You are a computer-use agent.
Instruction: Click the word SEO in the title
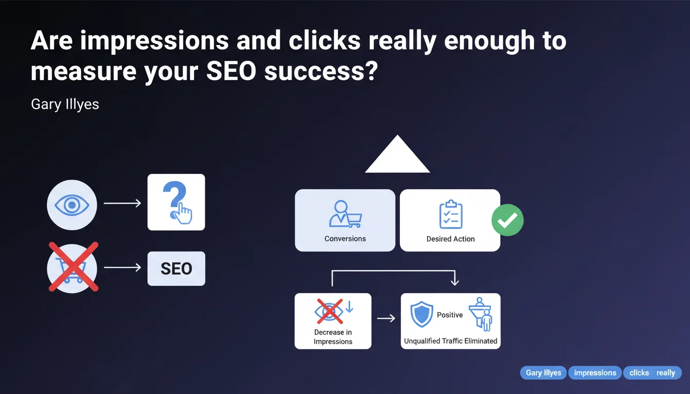click(231, 71)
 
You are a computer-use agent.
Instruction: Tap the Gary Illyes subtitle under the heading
click(65, 104)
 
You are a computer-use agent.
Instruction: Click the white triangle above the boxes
click(397, 154)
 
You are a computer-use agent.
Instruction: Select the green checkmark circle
click(507, 220)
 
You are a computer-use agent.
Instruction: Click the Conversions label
click(345, 239)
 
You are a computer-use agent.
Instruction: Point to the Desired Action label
click(450, 239)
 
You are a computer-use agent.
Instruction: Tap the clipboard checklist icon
click(451, 214)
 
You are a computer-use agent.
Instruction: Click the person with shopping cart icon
click(346, 214)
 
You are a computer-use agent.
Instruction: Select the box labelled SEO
click(176, 268)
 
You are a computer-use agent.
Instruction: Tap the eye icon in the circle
click(72, 205)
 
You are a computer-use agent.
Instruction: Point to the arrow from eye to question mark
click(122, 203)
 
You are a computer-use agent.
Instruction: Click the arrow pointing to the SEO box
click(122, 267)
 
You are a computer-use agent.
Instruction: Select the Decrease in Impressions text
click(333, 337)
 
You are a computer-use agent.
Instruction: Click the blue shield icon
click(421, 314)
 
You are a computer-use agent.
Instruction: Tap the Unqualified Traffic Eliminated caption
click(451, 341)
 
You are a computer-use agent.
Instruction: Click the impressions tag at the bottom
click(595, 373)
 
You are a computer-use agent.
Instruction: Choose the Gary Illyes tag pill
click(543, 373)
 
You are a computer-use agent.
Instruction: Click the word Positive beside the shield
click(450, 315)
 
